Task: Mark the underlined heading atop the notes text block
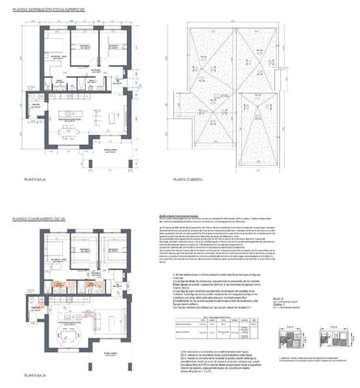tap(177, 217)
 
